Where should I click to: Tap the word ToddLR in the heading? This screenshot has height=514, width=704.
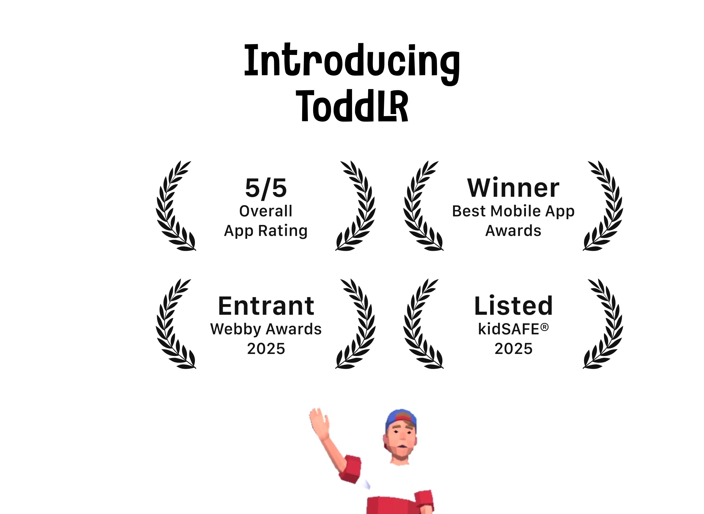[x=352, y=105]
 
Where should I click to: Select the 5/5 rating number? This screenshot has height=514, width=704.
[x=266, y=188]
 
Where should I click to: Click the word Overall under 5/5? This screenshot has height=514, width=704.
[x=266, y=211]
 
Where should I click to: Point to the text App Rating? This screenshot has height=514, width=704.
[x=266, y=231]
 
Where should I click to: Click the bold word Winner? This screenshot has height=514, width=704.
[x=513, y=188]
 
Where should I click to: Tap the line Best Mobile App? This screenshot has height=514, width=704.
[x=513, y=211]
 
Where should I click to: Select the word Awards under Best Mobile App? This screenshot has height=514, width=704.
[x=513, y=231]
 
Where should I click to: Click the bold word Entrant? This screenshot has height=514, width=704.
[x=266, y=306]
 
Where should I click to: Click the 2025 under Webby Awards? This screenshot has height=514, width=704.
[x=266, y=349]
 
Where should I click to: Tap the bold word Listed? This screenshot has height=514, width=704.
[x=513, y=305]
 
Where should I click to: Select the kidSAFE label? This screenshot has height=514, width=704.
[x=509, y=329]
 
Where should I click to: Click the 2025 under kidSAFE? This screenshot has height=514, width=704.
[x=514, y=349]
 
